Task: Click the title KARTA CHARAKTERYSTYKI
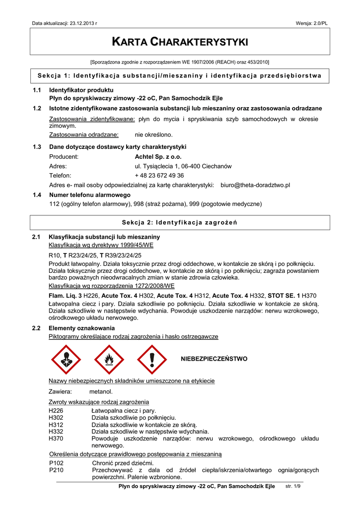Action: tap(180, 42)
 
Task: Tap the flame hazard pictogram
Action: tap(109, 359)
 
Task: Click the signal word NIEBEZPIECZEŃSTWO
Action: tap(214, 358)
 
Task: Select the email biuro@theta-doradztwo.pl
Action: tap(255, 185)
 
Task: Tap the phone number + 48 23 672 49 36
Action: tap(159, 175)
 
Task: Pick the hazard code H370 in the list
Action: tap(56, 439)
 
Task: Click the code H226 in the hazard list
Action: tap(56, 411)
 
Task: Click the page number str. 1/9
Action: tap(293, 487)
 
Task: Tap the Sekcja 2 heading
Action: tap(180, 222)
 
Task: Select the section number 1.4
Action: tap(36, 195)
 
